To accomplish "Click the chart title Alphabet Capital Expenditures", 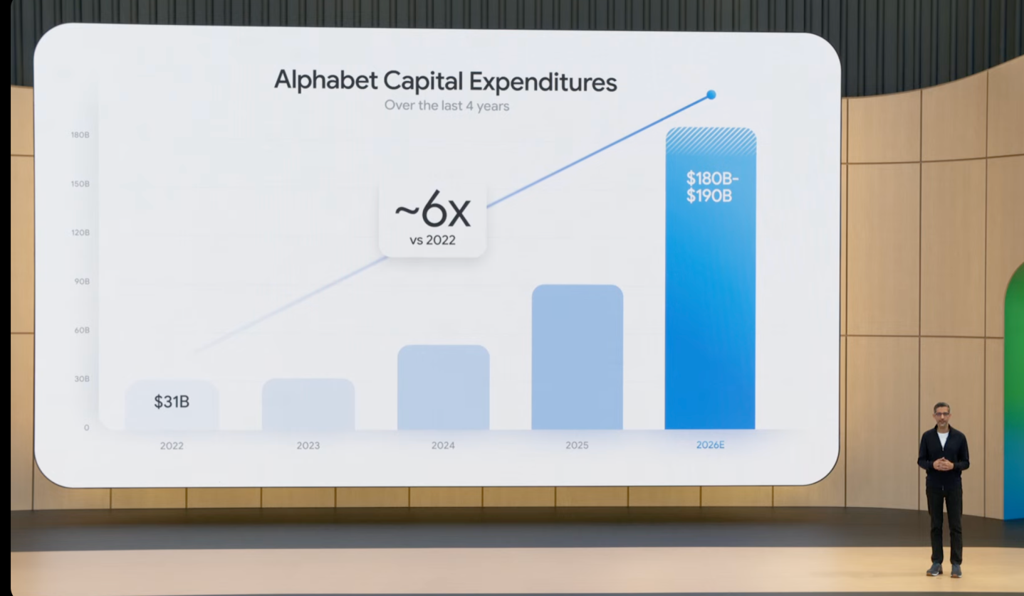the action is (446, 81).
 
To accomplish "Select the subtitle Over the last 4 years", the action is (446, 106).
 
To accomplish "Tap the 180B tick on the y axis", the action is (80, 134).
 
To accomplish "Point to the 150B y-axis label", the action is (80, 183).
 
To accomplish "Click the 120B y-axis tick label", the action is (80, 233).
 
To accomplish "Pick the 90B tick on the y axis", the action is (82, 282).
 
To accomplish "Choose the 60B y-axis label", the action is (82, 330).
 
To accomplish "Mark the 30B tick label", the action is (82, 379).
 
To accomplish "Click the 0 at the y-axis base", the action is (86, 428).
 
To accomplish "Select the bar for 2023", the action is (308, 404).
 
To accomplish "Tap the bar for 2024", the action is (444, 388).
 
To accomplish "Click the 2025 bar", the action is (578, 357).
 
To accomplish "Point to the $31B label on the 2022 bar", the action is (172, 402).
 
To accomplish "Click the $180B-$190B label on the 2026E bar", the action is (712, 187).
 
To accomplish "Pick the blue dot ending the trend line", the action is (711, 95).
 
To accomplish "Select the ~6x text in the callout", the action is (432, 211).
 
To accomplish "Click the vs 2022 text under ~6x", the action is (432, 240).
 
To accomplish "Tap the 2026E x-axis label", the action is (711, 445).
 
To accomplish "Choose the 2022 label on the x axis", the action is (172, 446).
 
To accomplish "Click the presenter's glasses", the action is (942, 414).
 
